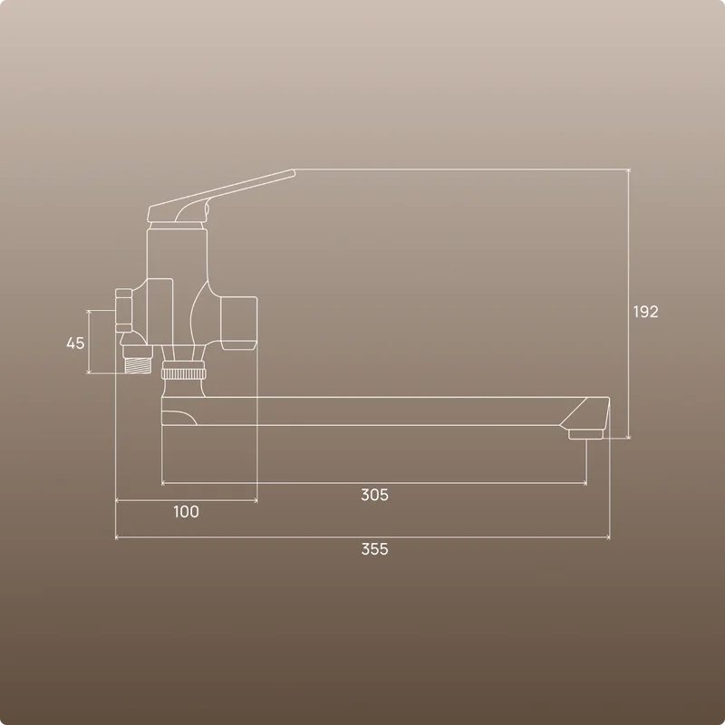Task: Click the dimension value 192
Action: pos(645,312)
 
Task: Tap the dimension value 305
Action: pos(374,495)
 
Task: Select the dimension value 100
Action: pos(186,511)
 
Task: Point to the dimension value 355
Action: pos(374,549)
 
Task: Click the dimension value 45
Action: pos(75,343)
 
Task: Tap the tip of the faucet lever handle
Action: pos(293,172)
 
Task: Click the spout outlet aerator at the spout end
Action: pos(585,434)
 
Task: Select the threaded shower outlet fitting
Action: pos(138,360)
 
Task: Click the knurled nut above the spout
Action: pos(184,373)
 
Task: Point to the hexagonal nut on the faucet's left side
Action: pos(123,310)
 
